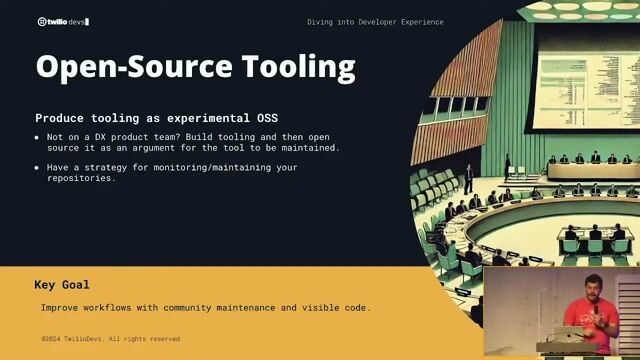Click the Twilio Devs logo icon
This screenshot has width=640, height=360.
pos(43,21)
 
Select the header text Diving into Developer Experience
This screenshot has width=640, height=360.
pos(375,21)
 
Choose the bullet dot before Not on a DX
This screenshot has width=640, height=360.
pos(37,137)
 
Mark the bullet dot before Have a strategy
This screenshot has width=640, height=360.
pos(37,167)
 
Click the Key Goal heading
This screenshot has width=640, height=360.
pos(62,285)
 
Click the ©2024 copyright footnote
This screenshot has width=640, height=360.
pos(110,339)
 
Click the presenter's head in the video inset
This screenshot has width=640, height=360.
pos(585,281)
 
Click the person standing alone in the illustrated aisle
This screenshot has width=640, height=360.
pos(468,179)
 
